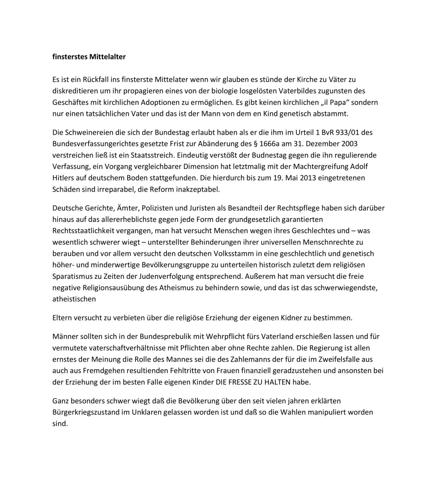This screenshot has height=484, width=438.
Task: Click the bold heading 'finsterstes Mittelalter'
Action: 89,57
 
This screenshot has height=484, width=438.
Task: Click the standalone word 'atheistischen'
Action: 74,299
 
